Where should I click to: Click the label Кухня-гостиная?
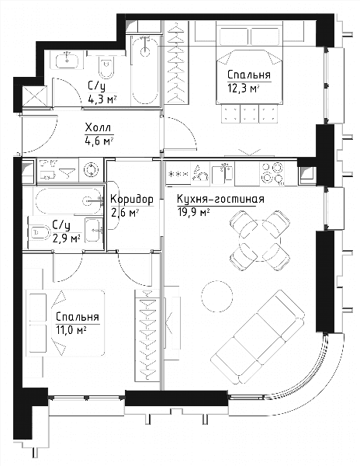pyautogui.click(x=220, y=199)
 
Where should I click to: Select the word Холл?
pyautogui.click(x=98, y=128)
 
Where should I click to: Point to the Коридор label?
pyautogui.click(x=132, y=200)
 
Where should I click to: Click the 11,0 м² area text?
pyautogui.click(x=71, y=330)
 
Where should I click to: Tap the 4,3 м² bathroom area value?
pyautogui.click(x=102, y=99)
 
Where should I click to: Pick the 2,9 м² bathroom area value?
pyautogui.click(x=67, y=238)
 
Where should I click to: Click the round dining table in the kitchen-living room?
pyautogui.click(x=260, y=241)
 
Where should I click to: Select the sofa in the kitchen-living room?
pyautogui.click(x=258, y=337)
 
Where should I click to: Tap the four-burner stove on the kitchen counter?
pyautogui.click(x=272, y=173)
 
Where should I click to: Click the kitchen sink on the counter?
pyautogui.click(x=222, y=173)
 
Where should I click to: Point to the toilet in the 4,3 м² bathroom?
pyautogui.click(x=106, y=68)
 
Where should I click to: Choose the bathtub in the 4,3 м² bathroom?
pyautogui.click(x=145, y=70)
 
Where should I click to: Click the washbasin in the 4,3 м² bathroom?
pyautogui.click(x=67, y=61)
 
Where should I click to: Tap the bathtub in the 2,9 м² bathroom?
pyautogui.click(x=68, y=201)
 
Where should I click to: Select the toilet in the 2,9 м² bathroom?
pyautogui.click(x=40, y=233)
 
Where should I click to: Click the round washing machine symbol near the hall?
pyautogui.click(x=91, y=170)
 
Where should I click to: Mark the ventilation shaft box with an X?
pyautogui.click(x=35, y=96)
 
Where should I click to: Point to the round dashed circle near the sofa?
pyautogui.click(x=217, y=296)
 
